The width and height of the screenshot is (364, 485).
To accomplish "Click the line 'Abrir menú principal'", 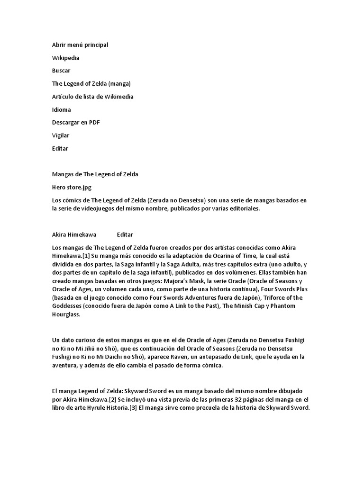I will point(80,45).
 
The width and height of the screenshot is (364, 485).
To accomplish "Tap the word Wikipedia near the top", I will point(65,58).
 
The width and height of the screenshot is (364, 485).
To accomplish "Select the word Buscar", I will point(61,71).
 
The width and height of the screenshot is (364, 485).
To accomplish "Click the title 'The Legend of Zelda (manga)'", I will point(91,84).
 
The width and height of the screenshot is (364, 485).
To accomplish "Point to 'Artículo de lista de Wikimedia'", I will point(93,97).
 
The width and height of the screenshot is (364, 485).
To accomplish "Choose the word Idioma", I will point(62,109).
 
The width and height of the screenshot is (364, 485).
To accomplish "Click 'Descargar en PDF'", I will point(76,123).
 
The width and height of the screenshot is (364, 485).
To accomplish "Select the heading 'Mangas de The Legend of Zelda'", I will point(95,174).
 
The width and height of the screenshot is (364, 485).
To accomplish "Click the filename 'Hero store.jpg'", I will point(73,187).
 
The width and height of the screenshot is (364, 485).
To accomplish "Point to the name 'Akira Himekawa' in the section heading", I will point(74,234).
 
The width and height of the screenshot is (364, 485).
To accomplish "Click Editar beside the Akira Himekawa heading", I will point(125,234).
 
